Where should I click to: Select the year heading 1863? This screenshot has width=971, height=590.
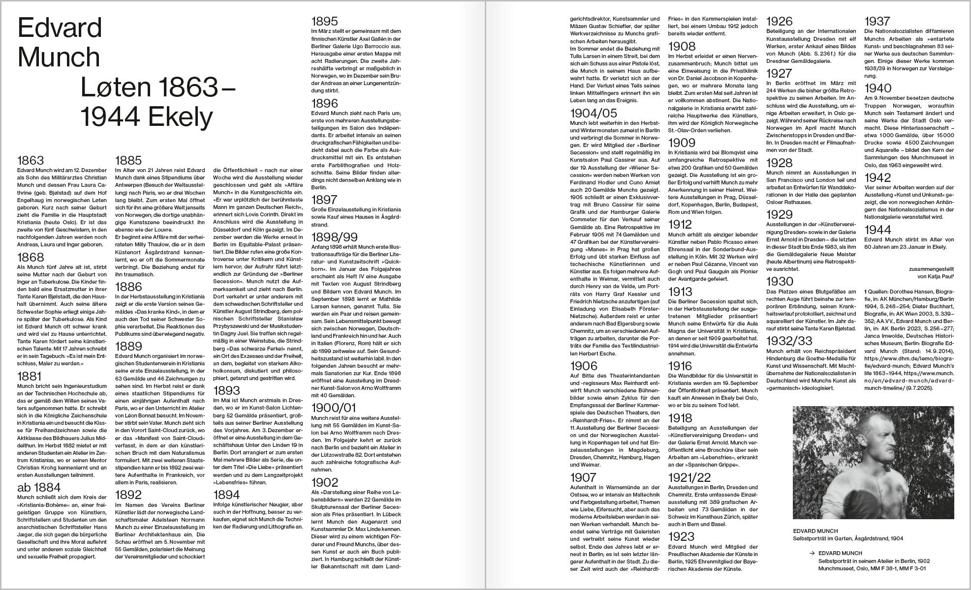(x=31, y=160)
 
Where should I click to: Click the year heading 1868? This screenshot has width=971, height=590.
(x=31, y=257)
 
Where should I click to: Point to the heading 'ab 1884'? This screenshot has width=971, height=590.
(x=39, y=487)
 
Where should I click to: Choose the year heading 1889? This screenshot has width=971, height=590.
(x=128, y=346)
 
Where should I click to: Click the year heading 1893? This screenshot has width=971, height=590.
(x=226, y=390)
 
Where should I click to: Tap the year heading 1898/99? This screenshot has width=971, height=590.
(x=335, y=236)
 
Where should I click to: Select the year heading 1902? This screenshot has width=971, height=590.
(x=325, y=482)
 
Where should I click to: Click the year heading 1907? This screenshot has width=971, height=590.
(x=583, y=477)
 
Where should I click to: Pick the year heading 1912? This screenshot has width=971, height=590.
(x=680, y=225)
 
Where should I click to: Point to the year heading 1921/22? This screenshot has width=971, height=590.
(x=689, y=477)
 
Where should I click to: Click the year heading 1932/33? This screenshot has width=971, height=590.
(x=789, y=341)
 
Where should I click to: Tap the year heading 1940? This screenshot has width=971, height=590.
(x=878, y=88)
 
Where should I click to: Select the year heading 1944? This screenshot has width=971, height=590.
(x=878, y=230)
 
